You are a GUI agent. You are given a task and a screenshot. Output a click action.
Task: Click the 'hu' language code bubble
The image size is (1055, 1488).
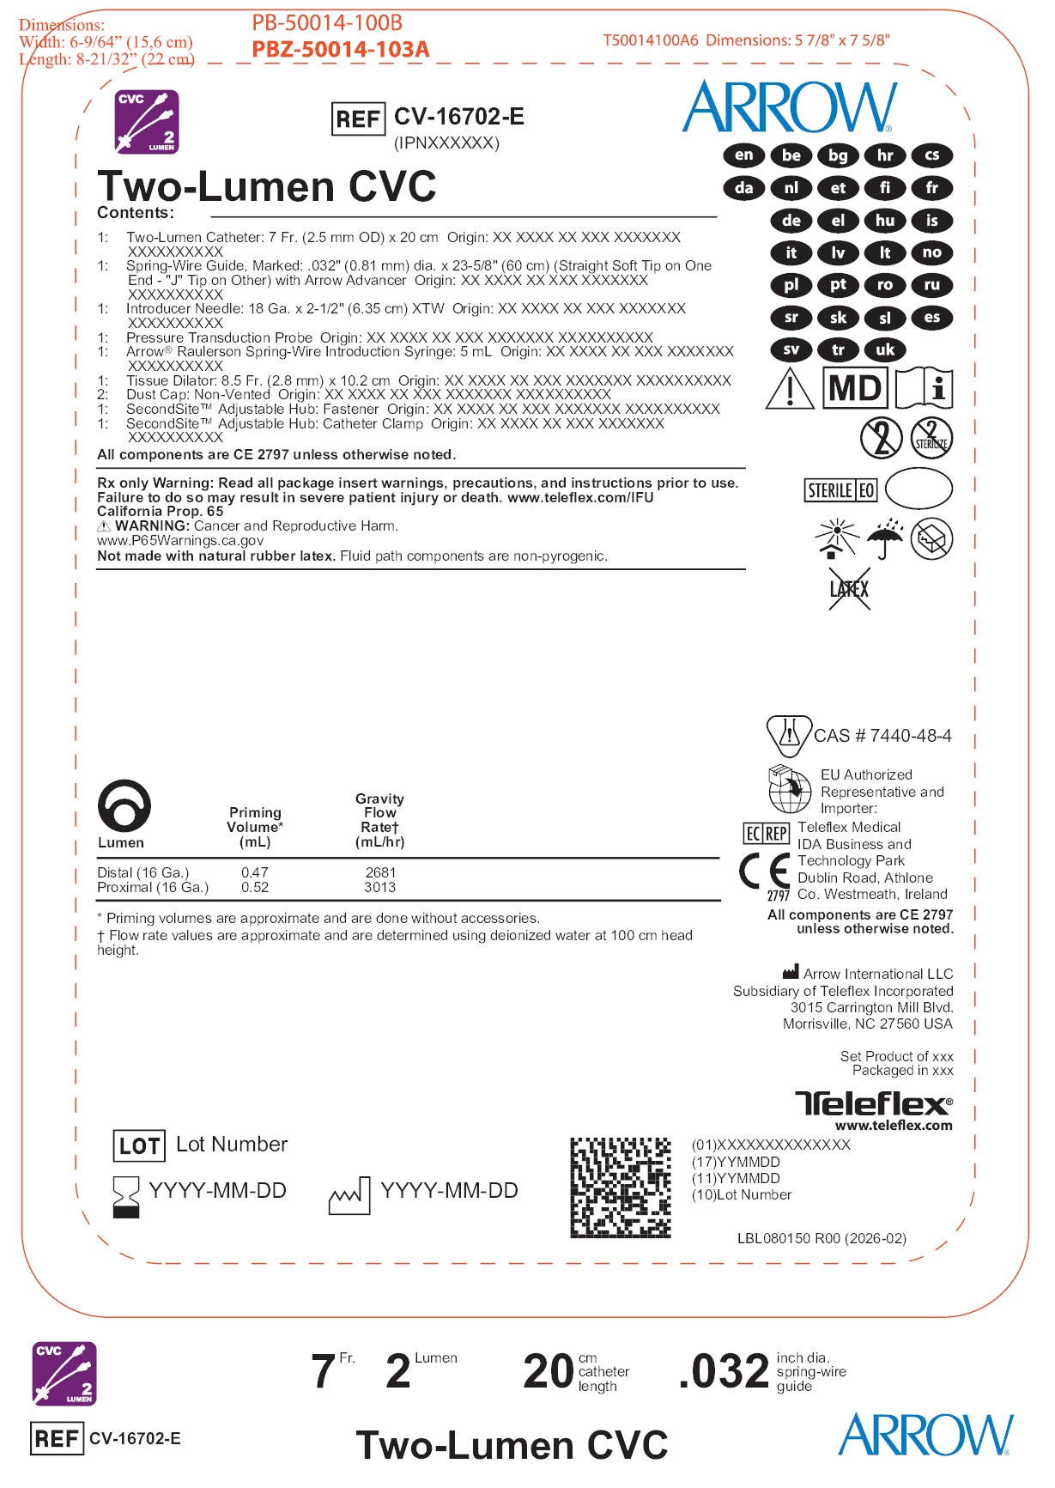pyautogui.click(x=885, y=221)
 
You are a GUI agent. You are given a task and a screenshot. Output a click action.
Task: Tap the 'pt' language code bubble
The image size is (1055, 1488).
pyautogui.click(x=838, y=285)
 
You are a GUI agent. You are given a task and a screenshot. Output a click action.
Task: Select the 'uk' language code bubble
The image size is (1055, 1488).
pyautogui.click(x=885, y=349)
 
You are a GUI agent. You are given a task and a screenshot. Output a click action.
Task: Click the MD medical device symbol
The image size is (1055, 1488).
pyautogui.click(x=855, y=388)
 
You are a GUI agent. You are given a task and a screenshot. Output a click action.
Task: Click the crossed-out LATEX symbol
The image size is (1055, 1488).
pyautogui.click(x=849, y=589)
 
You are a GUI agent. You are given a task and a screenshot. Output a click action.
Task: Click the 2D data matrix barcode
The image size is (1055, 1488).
pyautogui.click(x=621, y=1187)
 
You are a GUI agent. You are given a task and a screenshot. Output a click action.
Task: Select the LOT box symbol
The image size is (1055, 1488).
pyautogui.click(x=139, y=1145)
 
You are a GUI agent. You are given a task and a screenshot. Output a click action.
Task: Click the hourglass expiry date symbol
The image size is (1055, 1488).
pyautogui.click(x=126, y=1195)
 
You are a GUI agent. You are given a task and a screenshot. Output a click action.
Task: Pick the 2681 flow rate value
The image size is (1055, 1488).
pyautogui.click(x=380, y=872)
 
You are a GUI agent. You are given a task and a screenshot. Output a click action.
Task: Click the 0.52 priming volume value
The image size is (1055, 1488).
pyautogui.click(x=255, y=888)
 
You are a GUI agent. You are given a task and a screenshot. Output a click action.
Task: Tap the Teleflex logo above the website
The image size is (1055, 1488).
pyautogui.click(x=873, y=1103)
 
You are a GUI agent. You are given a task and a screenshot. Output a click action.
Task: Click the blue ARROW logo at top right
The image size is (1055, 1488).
pyautogui.click(x=790, y=107)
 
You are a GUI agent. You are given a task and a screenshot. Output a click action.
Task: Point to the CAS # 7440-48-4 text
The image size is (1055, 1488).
pyautogui.click(x=882, y=736)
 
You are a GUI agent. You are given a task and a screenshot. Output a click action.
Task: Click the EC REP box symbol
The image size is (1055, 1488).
pyautogui.click(x=766, y=833)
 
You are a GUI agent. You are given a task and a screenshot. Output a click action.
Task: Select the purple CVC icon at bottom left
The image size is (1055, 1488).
pyautogui.click(x=64, y=1373)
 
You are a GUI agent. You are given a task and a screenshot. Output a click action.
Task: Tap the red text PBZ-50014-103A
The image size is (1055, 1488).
pyautogui.click(x=340, y=50)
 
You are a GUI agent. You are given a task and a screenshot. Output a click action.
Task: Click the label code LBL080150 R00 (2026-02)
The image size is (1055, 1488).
pyautogui.click(x=822, y=1238)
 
